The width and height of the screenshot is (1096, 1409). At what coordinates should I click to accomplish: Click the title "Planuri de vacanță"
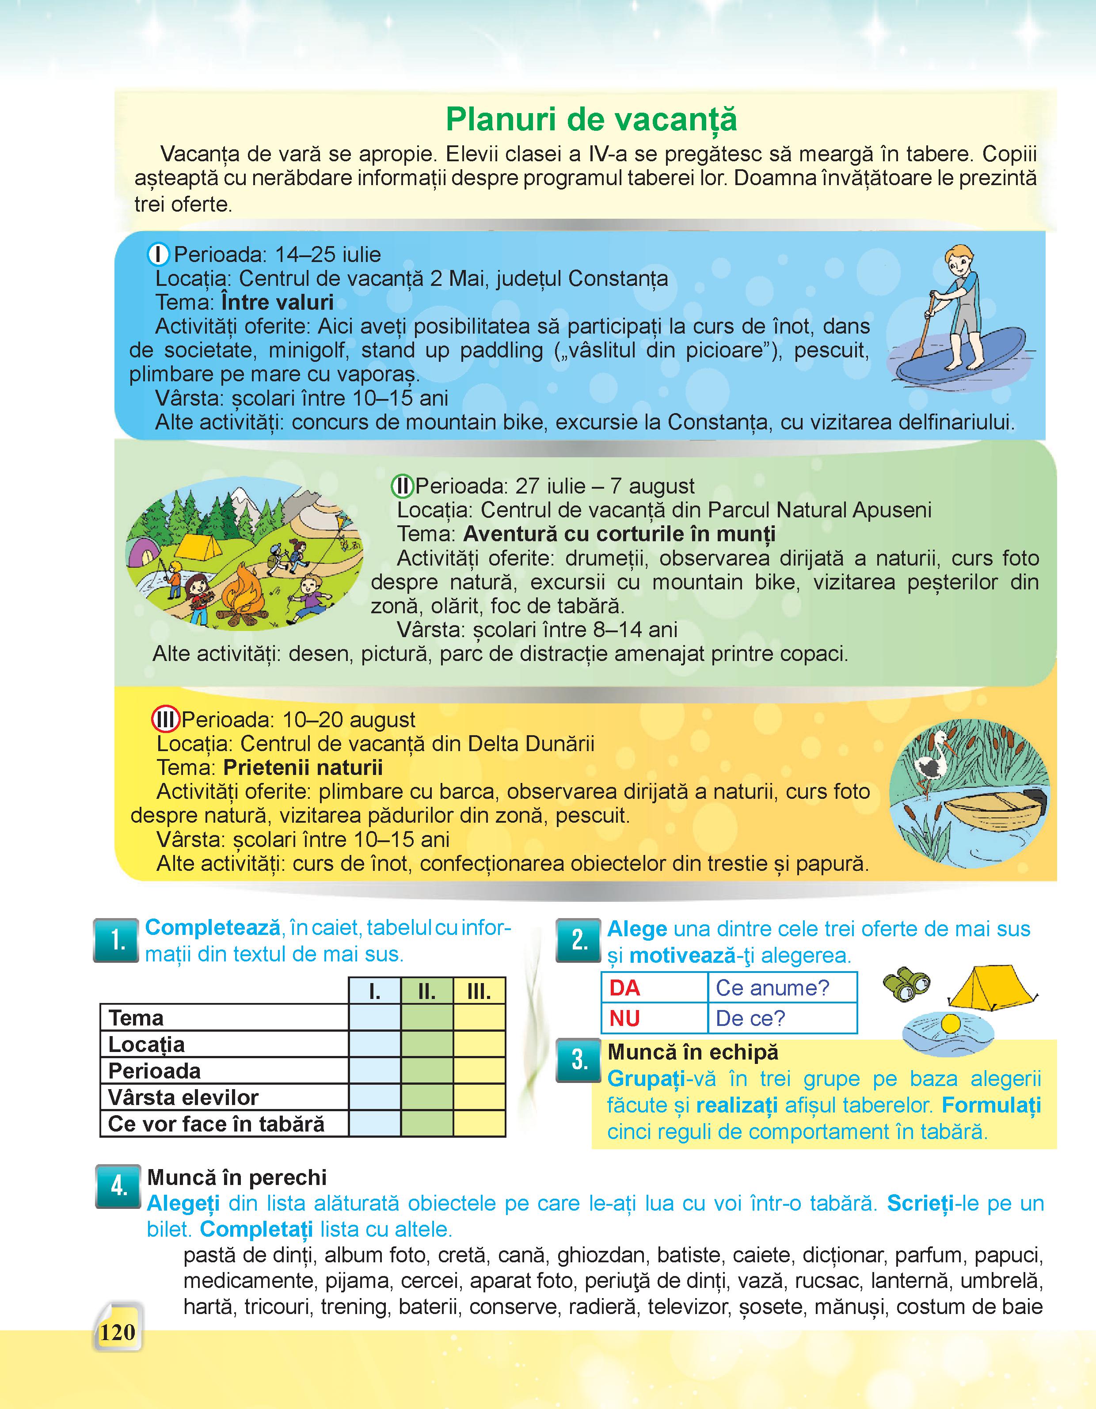point(591,119)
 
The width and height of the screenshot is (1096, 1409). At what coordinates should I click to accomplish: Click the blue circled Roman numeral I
point(158,255)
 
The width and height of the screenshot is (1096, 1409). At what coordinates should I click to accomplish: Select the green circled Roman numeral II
point(403,486)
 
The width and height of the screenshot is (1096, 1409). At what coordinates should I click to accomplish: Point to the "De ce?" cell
point(750,1018)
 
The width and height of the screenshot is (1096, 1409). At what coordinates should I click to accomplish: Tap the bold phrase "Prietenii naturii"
point(303,768)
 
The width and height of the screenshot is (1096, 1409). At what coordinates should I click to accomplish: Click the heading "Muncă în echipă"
point(693,1052)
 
